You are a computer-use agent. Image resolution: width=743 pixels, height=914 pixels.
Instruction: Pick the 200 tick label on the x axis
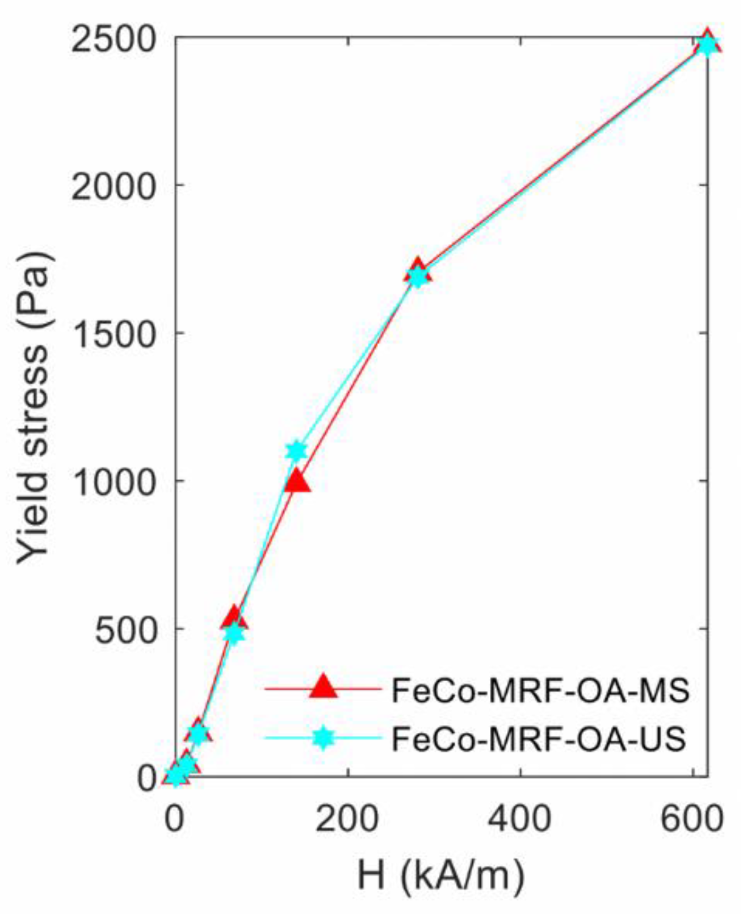pyautogui.click(x=347, y=820)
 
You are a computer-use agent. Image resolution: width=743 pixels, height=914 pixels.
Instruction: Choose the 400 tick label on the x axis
pyautogui.click(x=520, y=820)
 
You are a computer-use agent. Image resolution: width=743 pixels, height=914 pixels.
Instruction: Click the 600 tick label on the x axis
pyautogui.click(x=693, y=820)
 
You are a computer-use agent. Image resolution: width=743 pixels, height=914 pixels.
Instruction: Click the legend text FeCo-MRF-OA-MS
pyautogui.click(x=540, y=691)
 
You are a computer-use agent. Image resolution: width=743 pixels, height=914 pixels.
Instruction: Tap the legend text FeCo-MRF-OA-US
pyautogui.click(x=539, y=739)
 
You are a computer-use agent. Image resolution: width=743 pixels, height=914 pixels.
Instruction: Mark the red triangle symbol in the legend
pyautogui.click(x=324, y=687)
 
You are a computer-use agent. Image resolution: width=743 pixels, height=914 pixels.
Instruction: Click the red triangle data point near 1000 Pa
pyautogui.click(x=297, y=483)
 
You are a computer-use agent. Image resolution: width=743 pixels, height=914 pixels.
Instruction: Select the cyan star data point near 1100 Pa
pyautogui.click(x=296, y=451)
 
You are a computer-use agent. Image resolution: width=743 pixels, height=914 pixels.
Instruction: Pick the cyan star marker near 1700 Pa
pyautogui.click(x=418, y=277)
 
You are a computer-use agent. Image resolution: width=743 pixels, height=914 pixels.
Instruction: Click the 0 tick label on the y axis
pyautogui.click(x=146, y=778)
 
